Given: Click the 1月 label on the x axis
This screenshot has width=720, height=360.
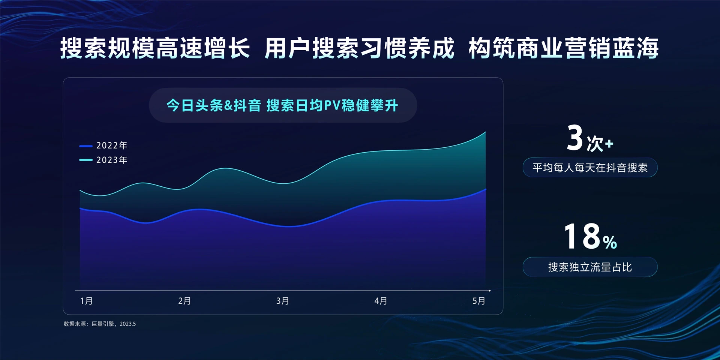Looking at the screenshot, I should (x=87, y=301).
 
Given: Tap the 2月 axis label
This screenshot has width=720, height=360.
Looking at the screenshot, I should (x=184, y=301).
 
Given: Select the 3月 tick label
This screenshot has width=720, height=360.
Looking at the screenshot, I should (x=283, y=301).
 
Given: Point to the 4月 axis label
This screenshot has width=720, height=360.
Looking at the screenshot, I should (x=381, y=301).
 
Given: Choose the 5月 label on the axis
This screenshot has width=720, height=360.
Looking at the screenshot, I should (x=478, y=301).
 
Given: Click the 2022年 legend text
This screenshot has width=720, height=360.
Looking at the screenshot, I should (x=112, y=145).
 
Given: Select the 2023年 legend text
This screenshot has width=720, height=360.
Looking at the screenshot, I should (x=112, y=160).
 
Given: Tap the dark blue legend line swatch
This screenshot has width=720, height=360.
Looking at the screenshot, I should (x=86, y=146).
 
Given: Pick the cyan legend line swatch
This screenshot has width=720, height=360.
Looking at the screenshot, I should (x=86, y=160).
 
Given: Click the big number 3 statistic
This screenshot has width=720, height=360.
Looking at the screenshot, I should (x=574, y=138).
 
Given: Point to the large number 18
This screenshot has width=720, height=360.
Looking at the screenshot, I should (x=582, y=236).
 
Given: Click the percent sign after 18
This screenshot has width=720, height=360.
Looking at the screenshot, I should (x=610, y=243).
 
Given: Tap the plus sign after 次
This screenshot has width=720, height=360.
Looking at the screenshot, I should (x=609, y=144).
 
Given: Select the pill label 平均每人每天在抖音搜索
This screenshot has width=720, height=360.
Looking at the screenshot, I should (x=590, y=168).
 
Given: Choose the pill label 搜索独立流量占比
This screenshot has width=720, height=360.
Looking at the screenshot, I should (x=590, y=267).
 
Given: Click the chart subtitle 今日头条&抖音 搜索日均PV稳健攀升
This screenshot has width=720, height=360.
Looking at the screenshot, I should (x=282, y=105).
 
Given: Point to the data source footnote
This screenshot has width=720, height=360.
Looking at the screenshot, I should (x=100, y=324).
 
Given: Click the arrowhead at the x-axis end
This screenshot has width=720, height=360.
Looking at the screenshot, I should (x=489, y=291).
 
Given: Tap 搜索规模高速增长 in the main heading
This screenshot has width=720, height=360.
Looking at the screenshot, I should (x=155, y=48).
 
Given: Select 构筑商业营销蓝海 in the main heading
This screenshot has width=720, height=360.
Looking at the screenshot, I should (x=564, y=48).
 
